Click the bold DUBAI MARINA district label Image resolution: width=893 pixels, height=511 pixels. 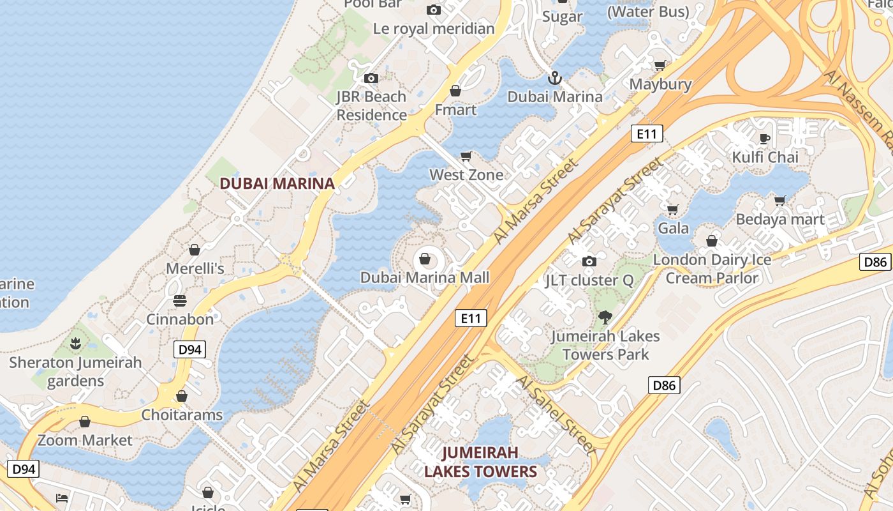click(277, 184)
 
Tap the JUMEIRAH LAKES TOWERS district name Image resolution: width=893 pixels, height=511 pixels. click(480, 462)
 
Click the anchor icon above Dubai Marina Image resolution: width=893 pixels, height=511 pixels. click(555, 79)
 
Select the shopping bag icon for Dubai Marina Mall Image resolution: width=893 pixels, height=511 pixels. click(424, 259)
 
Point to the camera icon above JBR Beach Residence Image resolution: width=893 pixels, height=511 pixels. click(371, 78)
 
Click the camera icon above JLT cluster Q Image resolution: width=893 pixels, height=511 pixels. click(589, 261)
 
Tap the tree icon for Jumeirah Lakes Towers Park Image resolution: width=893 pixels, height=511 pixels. click(605, 317)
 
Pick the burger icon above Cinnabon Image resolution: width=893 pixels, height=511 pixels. click(180, 300)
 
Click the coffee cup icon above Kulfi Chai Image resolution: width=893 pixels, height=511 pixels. click(765, 138)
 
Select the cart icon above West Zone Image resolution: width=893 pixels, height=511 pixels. click(466, 156)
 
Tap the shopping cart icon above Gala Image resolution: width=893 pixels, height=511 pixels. click(673, 210)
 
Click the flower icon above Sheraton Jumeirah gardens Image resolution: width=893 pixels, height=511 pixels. click(75, 344)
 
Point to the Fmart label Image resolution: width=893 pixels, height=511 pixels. click(455, 110)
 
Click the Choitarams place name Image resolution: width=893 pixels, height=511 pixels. click(182, 415)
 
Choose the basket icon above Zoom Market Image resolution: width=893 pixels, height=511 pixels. click(84, 422)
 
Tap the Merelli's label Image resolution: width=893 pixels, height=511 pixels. click(195, 268)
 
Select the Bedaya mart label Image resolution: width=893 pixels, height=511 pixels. click(780, 220)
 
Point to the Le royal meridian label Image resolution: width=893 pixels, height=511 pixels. click(434, 29)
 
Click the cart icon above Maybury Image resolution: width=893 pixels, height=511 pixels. click(660, 65)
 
